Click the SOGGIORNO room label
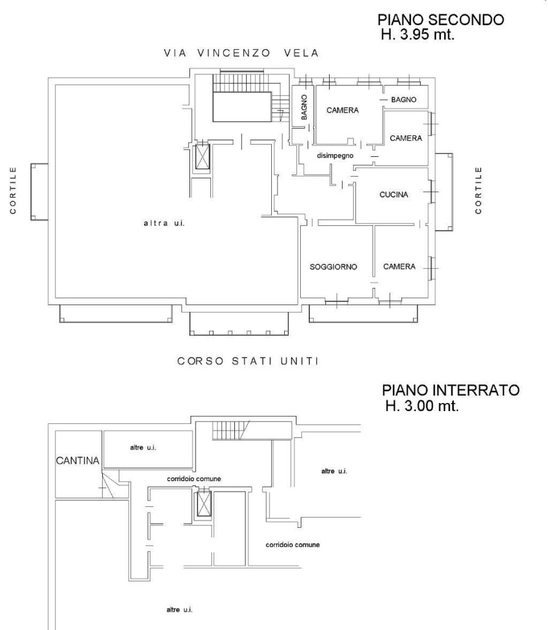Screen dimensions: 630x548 pyautogui.click(x=333, y=266)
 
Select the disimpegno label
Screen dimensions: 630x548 pyautogui.click(x=333, y=156)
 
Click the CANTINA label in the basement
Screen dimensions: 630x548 pyautogui.click(x=77, y=461)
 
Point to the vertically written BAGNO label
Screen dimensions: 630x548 pyautogui.click(x=304, y=107)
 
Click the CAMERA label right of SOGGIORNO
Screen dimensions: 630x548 pyautogui.click(x=399, y=266)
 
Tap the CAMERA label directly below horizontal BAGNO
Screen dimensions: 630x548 pyautogui.click(x=405, y=138)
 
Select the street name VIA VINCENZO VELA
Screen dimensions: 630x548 pyautogui.click(x=241, y=54)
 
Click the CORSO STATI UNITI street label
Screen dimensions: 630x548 pyautogui.click(x=248, y=361)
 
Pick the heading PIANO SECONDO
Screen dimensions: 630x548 pyautogui.click(x=441, y=20)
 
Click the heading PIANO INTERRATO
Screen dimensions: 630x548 pyautogui.click(x=450, y=391)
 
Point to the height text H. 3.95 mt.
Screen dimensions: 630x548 pyautogui.click(x=418, y=35)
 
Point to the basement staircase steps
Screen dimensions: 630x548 pyautogui.click(x=229, y=431)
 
